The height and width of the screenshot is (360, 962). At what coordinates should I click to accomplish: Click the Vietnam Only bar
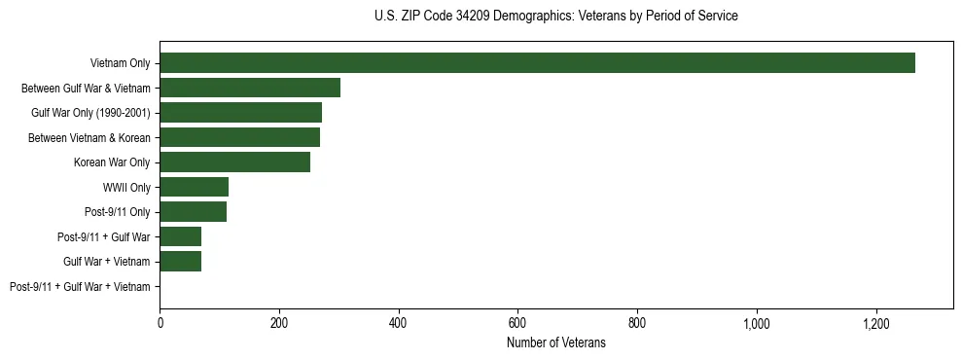[x=537, y=63]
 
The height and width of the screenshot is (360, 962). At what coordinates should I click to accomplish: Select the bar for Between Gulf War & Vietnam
[x=250, y=88]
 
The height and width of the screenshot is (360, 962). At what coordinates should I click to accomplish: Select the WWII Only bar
[x=194, y=187]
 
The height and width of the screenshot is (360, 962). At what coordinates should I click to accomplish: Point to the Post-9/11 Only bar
[x=193, y=212]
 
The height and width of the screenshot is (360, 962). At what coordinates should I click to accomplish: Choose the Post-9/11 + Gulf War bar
[x=180, y=236]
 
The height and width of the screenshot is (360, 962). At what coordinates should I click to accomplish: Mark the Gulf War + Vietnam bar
[x=180, y=262]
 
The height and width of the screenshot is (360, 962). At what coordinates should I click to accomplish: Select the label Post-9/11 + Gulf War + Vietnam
[x=80, y=287]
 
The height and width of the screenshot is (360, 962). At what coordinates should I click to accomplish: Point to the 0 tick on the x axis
[x=160, y=323]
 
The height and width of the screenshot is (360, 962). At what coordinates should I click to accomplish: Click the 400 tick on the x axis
[x=399, y=323]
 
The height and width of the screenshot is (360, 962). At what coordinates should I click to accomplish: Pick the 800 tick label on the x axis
[x=637, y=323]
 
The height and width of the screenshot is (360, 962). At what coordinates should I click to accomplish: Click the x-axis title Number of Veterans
[x=555, y=342]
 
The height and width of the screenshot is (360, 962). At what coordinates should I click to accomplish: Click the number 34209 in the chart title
[x=472, y=17]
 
